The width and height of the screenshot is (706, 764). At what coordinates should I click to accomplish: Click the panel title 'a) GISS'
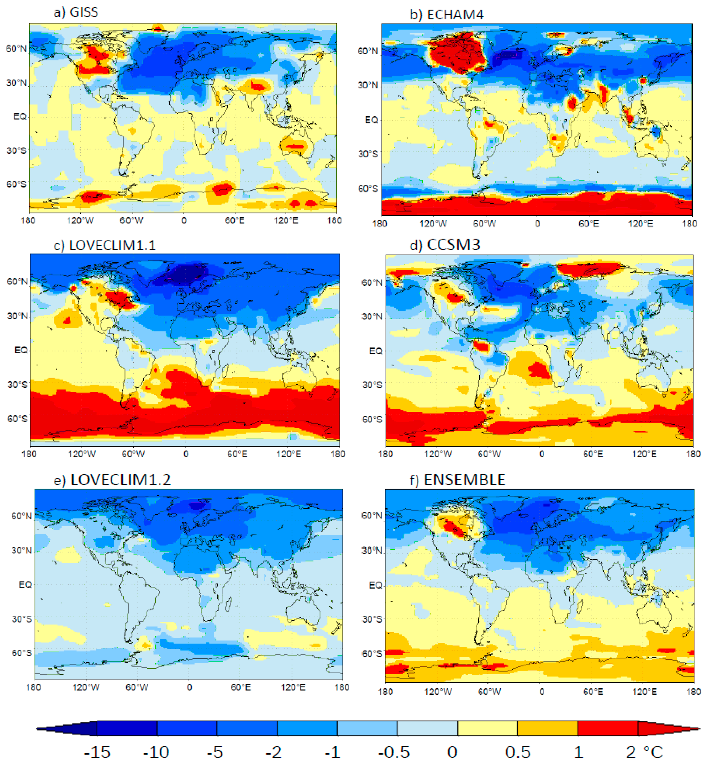coord(76,12)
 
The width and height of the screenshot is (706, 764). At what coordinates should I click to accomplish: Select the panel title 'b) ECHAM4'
coord(446,14)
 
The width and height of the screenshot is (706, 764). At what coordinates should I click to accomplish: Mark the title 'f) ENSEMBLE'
coord(457,480)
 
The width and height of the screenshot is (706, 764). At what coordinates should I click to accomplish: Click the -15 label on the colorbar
coord(97,752)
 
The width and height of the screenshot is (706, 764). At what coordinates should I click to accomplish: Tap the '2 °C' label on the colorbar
coord(644,752)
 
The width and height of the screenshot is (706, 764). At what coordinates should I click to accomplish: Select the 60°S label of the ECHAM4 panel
coord(368,189)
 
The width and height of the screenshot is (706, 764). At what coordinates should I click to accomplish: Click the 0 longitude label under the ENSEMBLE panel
coord(542,692)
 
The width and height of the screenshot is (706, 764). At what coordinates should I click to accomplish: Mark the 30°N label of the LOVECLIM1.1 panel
coord(17,316)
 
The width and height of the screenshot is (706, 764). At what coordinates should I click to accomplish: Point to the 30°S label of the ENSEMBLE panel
coord(371,619)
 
